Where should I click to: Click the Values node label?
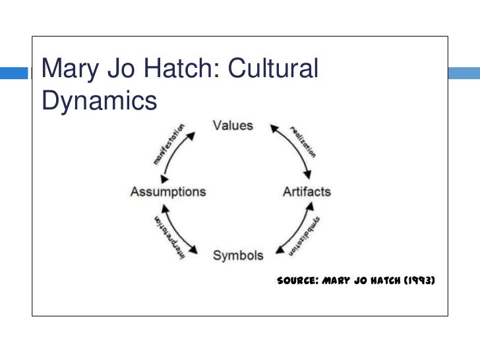pyautogui.click(x=233, y=125)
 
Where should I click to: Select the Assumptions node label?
pyautogui.click(x=168, y=192)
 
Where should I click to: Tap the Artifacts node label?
pyautogui.click(x=307, y=192)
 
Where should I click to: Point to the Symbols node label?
pyautogui.click(x=238, y=255)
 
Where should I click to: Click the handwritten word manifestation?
pyautogui.click(x=169, y=143)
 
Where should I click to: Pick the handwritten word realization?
pyautogui.click(x=303, y=139)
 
